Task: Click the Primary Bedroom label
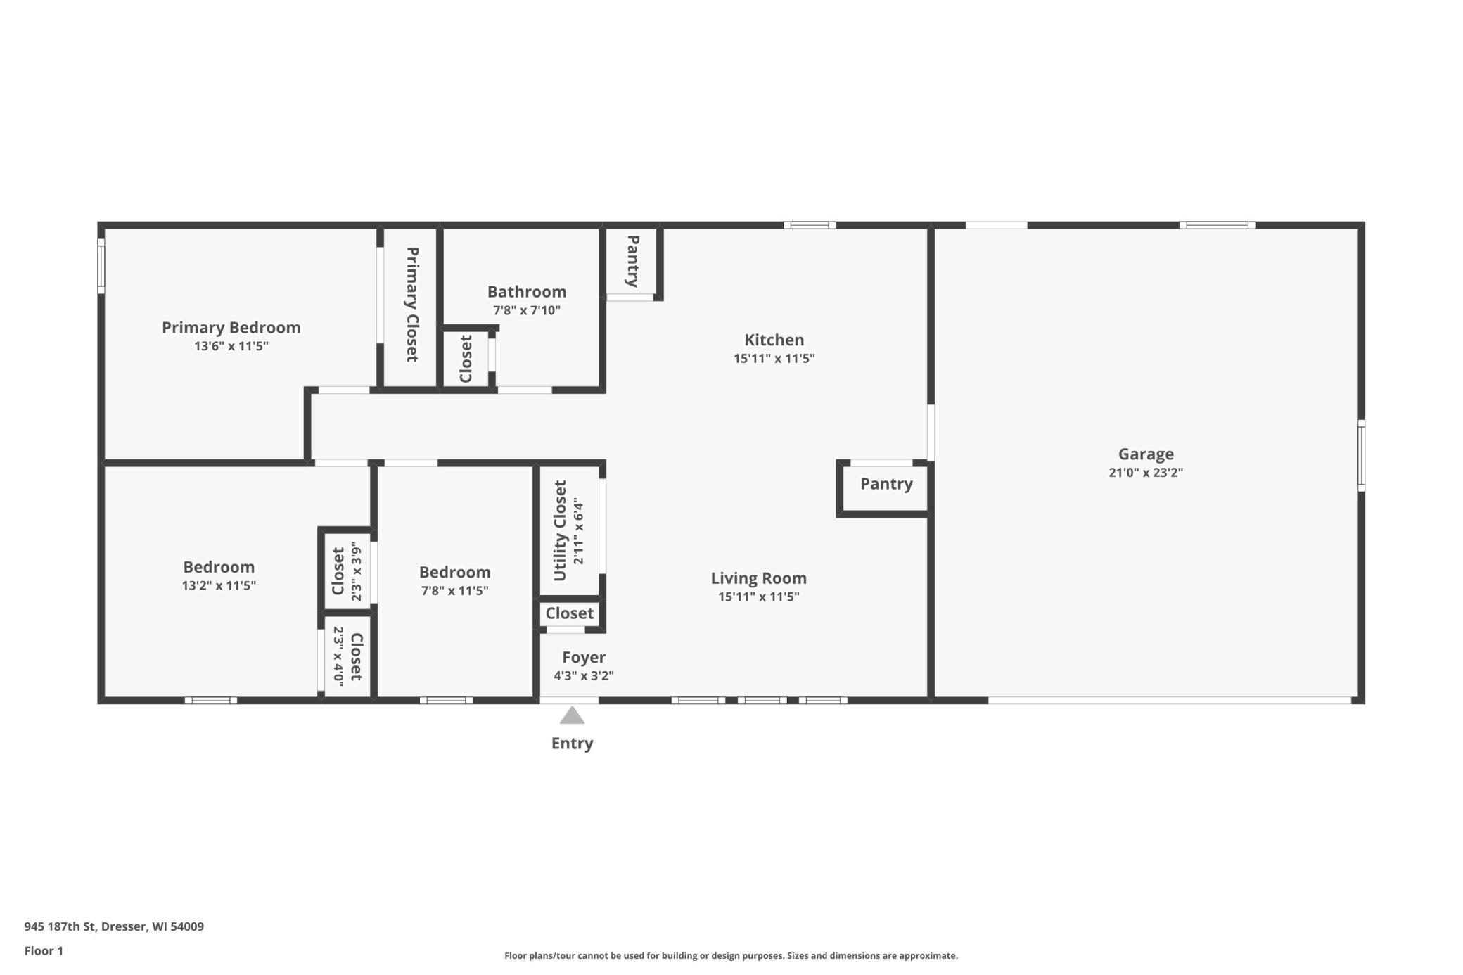pos(231,328)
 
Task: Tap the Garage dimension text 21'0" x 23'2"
pos(1146,473)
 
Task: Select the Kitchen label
pos(774,340)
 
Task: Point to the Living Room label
pos(758,578)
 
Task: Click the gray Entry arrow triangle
pos(572,715)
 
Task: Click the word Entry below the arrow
pos(572,744)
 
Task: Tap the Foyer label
pos(584,657)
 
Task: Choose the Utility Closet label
pos(560,530)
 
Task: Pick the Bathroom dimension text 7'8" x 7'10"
pos(526,310)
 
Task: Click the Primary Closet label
pos(413,305)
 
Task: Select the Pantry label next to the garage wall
pos(886,484)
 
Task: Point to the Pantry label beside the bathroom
pos(633,261)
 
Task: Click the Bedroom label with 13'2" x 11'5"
pos(219,567)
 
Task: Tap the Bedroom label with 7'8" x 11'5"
pos(455,572)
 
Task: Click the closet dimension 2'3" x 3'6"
pos(357,571)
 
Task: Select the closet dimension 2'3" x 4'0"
pos(338,656)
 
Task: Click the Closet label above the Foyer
pos(570,613)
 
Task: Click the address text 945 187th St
pos(60,926)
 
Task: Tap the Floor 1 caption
pos(44,951)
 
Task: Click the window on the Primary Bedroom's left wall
pos(101,266)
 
